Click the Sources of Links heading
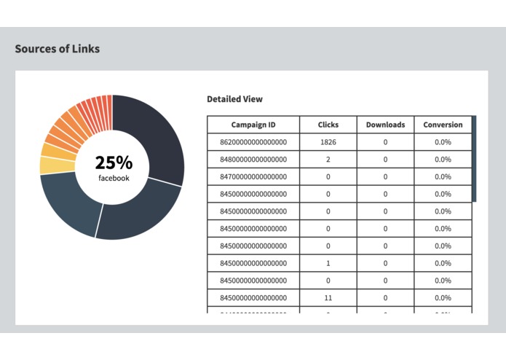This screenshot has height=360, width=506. [x=58, y=49]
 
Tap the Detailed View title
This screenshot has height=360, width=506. [x=234, y=99]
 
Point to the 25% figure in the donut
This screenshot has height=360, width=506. [x=114, y=163]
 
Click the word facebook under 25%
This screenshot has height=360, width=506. [x=114, y=177]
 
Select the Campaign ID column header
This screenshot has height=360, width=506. [x=253, y=125]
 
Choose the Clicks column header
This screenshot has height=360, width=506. [x=328, y=125]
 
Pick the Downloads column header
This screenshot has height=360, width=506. [x=385, y=125]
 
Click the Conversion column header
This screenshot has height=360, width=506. [x=443, y=125]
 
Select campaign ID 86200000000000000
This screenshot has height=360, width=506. [x=253, y=142]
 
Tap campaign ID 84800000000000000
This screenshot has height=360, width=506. [x=253, y=160]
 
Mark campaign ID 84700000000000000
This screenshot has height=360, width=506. [x=253, y=176]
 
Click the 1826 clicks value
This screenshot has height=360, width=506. [x=328, y=142]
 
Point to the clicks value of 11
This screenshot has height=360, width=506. [x=328, y=298]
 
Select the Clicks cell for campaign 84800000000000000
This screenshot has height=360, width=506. [x=328, y=160]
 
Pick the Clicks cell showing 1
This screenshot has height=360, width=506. [x=328, y=263]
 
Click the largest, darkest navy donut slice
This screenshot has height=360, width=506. [x=157, y=138]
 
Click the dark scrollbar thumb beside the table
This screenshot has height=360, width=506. [x=474, y=158]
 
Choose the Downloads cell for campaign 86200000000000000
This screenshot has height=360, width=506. [x=385, y=142]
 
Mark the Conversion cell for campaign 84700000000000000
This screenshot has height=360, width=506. [x=443, y=176]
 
